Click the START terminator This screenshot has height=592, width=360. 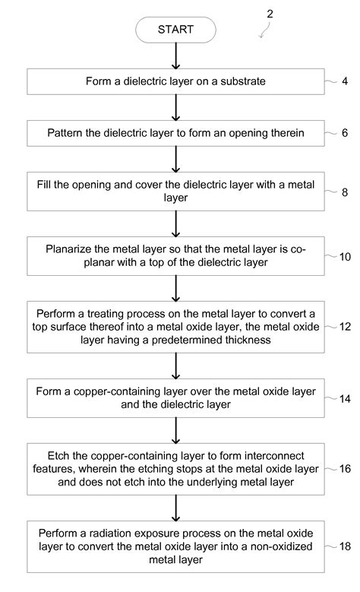click(175, 30)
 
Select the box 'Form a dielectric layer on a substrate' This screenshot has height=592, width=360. click(175, 83)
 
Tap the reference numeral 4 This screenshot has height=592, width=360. click(344, 82)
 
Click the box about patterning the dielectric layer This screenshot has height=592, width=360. click(175, 133)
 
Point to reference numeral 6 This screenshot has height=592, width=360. click(344, 132)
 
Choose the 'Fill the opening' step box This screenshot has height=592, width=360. click(175, 190)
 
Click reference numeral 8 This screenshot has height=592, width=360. click(344, 193)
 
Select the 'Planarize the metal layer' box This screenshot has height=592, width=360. click(175, 255)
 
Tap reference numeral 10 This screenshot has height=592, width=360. click(345, 257)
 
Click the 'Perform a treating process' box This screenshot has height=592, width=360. click(175, 327)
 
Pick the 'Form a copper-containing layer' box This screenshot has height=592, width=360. click(175, 398)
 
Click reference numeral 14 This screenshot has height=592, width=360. click(345, 397)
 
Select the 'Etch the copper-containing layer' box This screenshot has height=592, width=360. click(175, 469)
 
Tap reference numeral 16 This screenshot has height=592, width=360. click(345, 469)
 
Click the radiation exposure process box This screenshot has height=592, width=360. click(175, 546)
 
